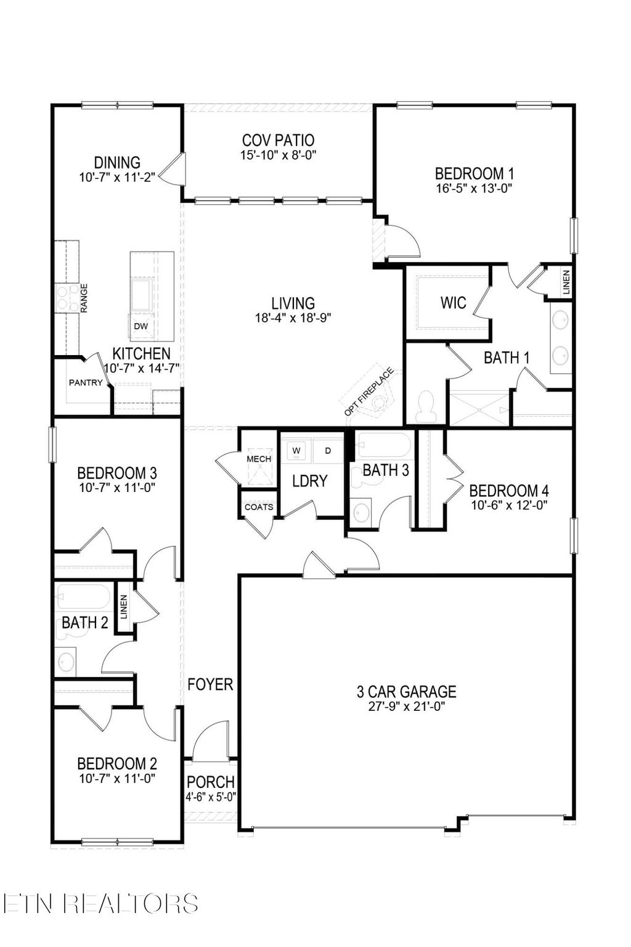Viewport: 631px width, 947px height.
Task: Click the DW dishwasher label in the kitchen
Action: point(140,326)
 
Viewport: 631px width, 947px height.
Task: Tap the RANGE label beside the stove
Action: point(84,298)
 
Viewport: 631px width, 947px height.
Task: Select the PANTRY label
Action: point(86,382)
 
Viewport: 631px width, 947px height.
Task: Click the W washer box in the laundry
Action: point(296,451)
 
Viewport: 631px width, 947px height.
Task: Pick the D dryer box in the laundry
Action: point(328,451)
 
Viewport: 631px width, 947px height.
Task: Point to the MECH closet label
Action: point(259,459)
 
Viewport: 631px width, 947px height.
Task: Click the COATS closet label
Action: point(259,507)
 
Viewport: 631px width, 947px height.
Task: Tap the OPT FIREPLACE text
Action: point(368,392)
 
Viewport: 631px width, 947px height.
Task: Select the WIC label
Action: point(453,303)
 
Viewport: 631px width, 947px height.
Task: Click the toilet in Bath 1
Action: point(426,408)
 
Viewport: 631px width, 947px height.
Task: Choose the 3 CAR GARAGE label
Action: point(407,691)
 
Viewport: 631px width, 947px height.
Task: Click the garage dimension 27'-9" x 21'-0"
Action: point(407,707)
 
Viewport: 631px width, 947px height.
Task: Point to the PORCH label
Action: point(211,782)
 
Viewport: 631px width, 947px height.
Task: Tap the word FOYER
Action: point(211,684)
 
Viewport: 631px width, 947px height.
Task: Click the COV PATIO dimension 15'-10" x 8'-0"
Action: point(278,155)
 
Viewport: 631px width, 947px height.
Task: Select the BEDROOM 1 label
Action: point(474,174)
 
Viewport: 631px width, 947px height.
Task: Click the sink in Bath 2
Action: point(67,662)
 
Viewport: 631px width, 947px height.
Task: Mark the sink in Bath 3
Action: point(361,512)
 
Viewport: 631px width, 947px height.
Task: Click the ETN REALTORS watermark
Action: point(100,903)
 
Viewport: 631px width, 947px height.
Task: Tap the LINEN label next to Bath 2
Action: point(124,607)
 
